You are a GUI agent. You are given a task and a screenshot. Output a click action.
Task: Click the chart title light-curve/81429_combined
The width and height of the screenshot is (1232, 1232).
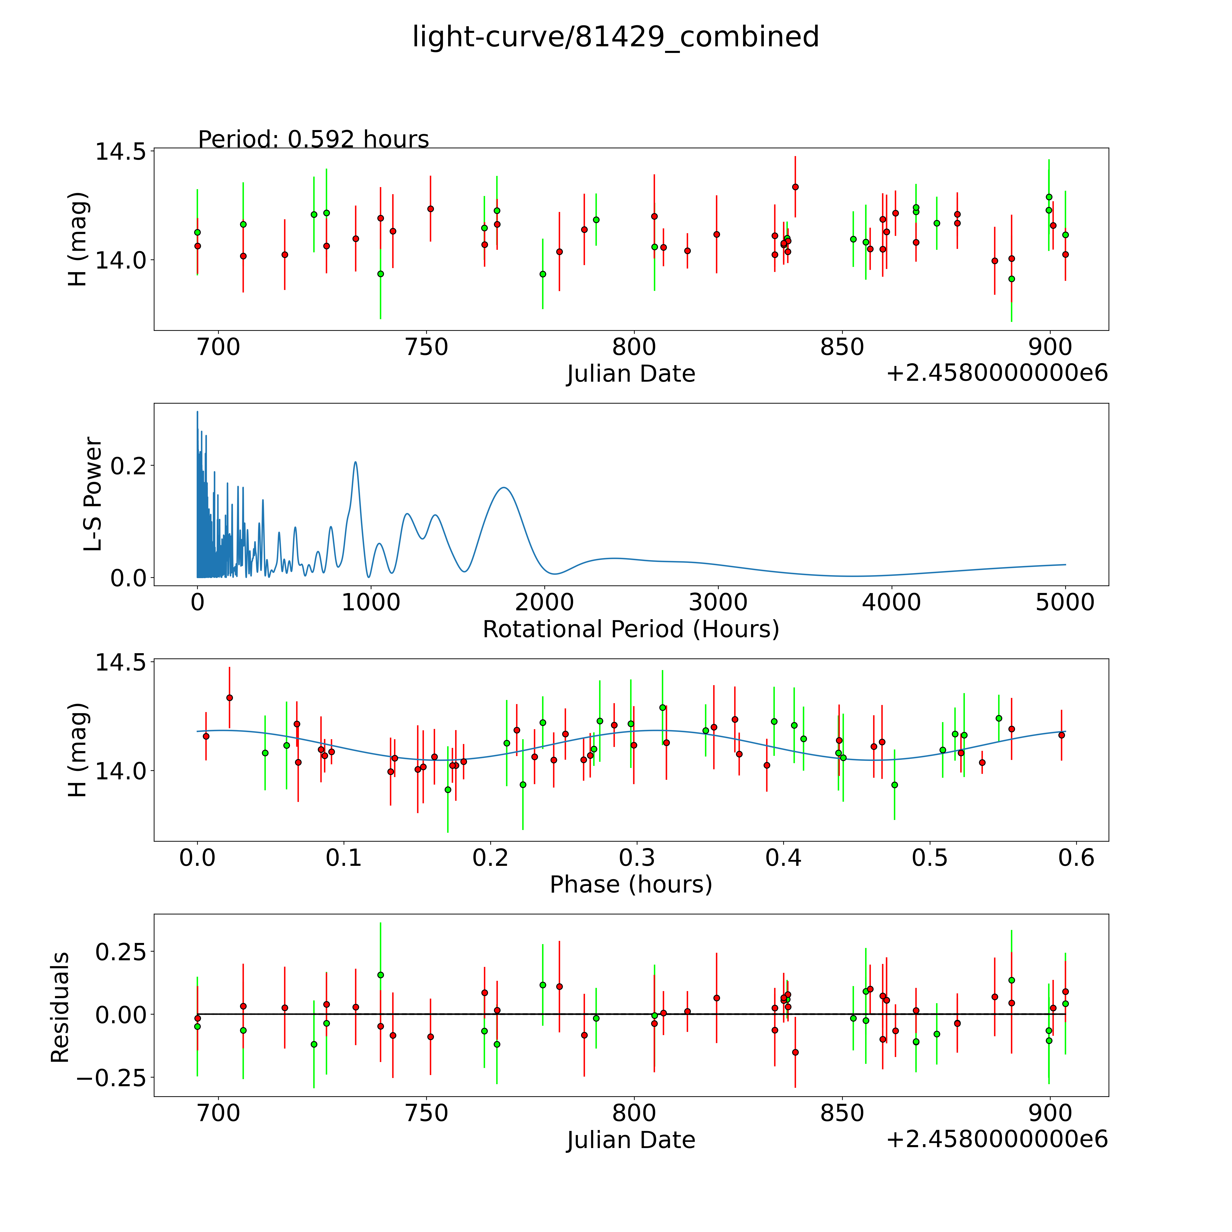click(x=615, y=37)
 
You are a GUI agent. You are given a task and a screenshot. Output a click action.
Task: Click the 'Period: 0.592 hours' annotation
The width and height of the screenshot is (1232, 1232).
click(x=313, y=139)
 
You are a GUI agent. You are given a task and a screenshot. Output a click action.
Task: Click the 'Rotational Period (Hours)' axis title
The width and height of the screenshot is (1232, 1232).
click(x=631, y=629)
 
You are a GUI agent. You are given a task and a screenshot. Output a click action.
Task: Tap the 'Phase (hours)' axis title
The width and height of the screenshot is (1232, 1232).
click(x=631, y=885)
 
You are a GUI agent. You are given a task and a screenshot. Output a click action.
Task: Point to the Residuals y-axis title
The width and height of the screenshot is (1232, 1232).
click(x=60, y=1008)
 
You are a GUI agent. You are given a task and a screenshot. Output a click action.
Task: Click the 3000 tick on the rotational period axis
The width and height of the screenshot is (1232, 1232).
click(x=718, y=602)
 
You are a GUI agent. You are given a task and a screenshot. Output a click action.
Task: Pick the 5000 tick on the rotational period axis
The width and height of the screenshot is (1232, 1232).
click(x=1065, y=602)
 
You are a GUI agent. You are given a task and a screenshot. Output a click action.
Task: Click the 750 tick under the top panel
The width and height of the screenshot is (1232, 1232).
click(x=427, y=347)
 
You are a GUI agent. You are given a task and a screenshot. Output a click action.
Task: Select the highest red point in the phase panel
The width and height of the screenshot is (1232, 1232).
click(x=230, y=698)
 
